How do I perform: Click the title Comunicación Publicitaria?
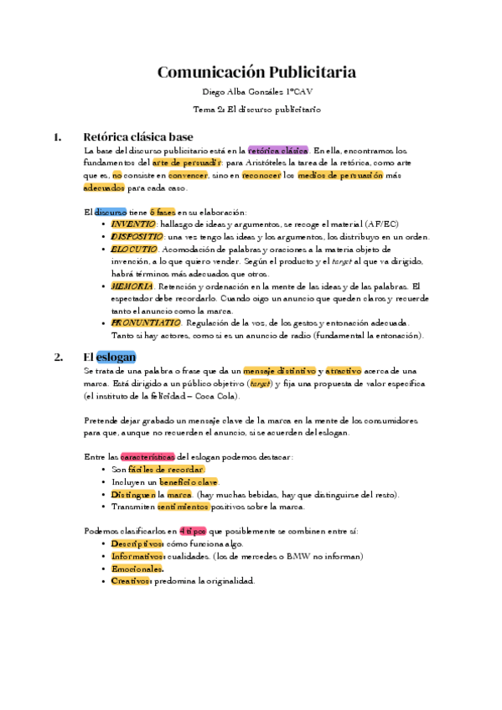click(x=256, y=72)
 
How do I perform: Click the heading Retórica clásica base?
click(x=138, y=136)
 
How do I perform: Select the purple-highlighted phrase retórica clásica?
click(x=278, y=151)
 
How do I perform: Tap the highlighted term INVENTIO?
click(x=133, y=224)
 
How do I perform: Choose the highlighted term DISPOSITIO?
click(x=137, y=237)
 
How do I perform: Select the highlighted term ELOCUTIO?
click(x=133, y=250)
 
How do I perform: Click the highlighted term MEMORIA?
click(x=132, y=286)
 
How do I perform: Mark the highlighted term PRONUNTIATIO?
click(x=146, y=323)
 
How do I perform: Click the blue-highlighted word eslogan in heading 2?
click(x=116, y=357)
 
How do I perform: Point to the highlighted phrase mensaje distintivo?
click(x=280, y=371)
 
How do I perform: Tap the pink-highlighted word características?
click(x=147, y=457)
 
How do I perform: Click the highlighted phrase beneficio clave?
click(x=188, y=482)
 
